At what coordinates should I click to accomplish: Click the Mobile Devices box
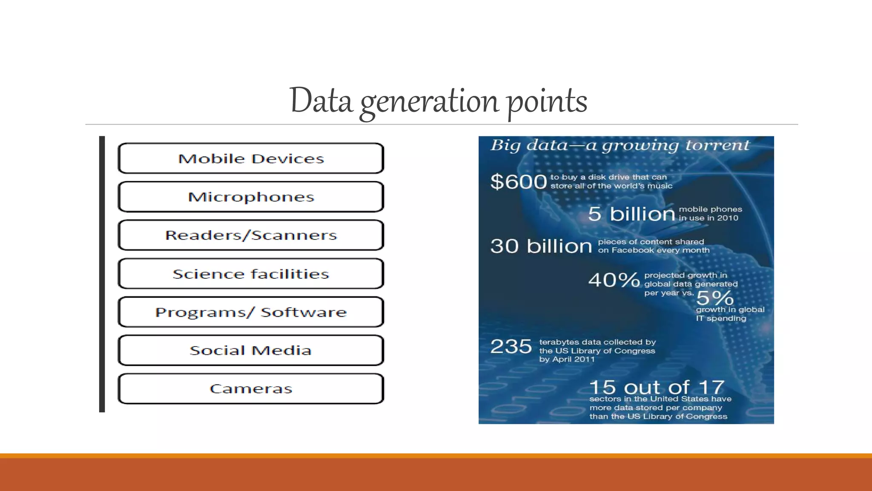click(x=251, y=159)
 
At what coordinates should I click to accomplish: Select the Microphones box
click(x=251, y=197)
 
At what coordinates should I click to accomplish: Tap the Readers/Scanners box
click(x=251, y=235)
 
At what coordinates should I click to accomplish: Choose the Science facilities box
click(x=251, y=274)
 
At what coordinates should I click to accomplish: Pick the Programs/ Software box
click(x=251, y=312)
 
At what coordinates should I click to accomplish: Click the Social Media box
click(x=251, y=350)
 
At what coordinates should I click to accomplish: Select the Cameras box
click(x=251, y=389)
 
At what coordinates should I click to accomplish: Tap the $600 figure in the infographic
click(x=518, y=182)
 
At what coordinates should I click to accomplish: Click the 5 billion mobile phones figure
click(x=631, y=214)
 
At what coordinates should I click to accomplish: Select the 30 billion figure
click(x=541, y=246)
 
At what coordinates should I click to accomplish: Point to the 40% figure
click(x=614, y=280)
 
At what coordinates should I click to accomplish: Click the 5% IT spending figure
click(x=715, y=297)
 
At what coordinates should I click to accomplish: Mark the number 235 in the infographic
click(x=511, y=346)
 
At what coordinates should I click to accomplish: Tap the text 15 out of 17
click(x=657, y=387)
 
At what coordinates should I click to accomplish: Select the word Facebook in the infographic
click(x=633, y=250)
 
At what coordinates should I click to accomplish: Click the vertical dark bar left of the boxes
click(x=102, y=274)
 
